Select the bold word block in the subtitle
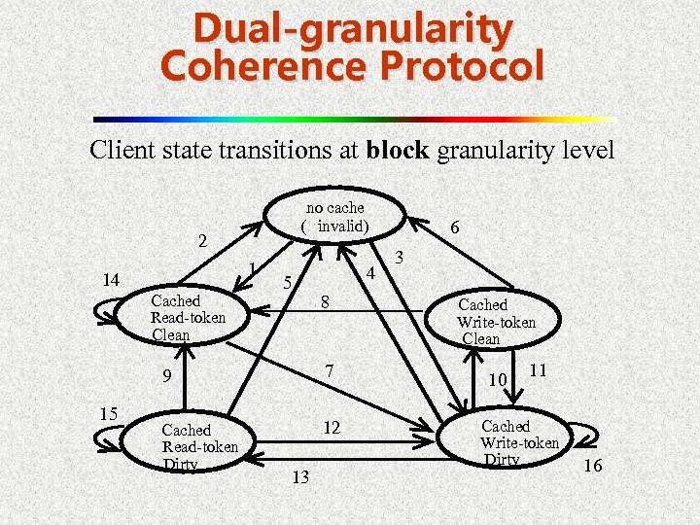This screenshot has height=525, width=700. point(400,151)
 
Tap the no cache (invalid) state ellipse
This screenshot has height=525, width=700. point(335,217)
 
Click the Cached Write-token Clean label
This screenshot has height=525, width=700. point(496,322)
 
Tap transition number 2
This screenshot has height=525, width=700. point(202,239)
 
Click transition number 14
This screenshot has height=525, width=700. point(111,281)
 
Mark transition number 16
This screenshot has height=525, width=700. point(592,467)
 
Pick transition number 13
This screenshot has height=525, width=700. point(300,476)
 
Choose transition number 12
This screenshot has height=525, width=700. point(332,428)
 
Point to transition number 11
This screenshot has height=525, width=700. point(539,369)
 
